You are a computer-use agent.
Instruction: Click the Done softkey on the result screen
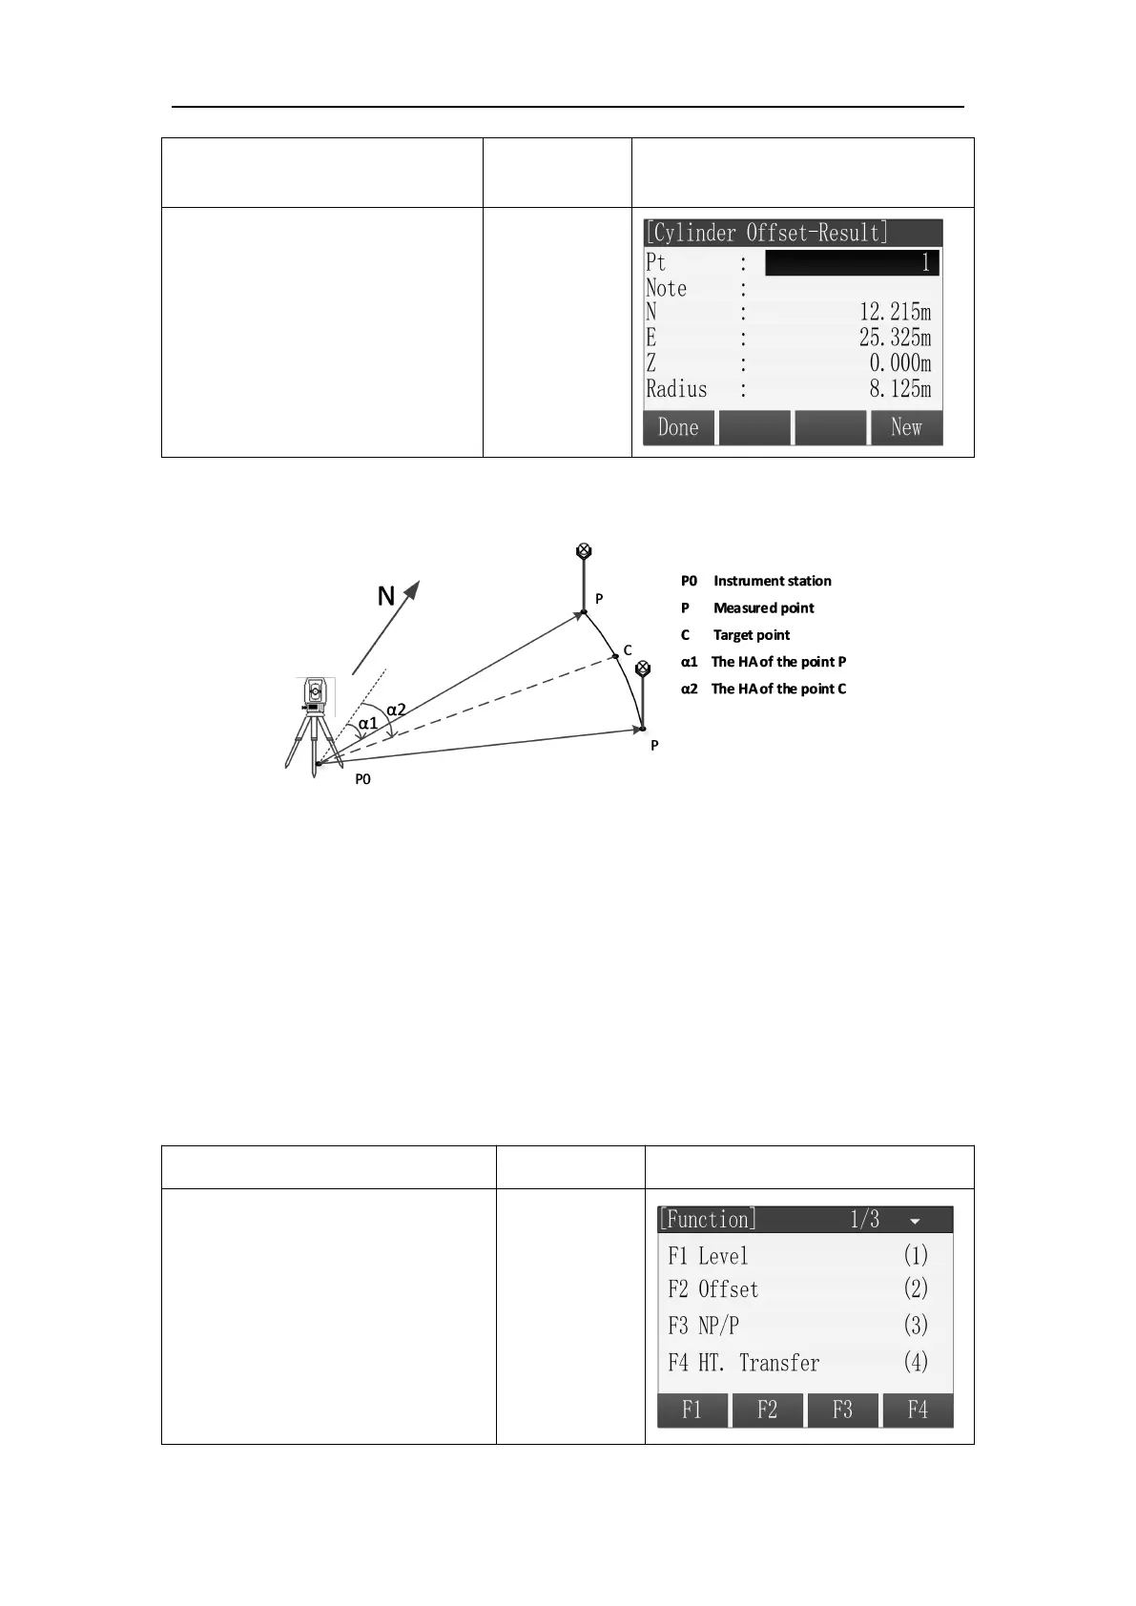click(679, 427)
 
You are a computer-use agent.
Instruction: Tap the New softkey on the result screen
click(906, 427)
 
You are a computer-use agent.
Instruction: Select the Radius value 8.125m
click(895, 389)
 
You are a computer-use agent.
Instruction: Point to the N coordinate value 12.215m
click(895, 312)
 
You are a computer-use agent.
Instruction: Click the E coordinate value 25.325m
click(895, 338)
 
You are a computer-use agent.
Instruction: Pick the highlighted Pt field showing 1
click(852, 263)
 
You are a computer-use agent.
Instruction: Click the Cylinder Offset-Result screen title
click(767, 234)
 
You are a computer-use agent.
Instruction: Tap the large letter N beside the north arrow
click(386, 597)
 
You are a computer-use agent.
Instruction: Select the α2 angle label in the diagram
click(397, 710)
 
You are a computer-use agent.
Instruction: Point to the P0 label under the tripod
click(362, 779)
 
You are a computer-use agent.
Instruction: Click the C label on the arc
click(628, 650)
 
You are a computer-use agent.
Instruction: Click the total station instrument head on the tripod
click(314, 694)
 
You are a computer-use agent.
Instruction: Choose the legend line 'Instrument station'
click(772, 581)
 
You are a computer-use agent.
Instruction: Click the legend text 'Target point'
click(752, 635)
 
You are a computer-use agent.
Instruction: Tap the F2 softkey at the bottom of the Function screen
click(767, 1410)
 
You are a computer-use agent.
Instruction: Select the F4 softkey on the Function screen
click(918, 1410)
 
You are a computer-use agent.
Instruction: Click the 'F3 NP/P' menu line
click(704, 1326)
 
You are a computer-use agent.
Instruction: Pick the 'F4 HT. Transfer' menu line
click(744, 1363)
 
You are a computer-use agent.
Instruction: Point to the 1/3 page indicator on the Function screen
click(865, 1220)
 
